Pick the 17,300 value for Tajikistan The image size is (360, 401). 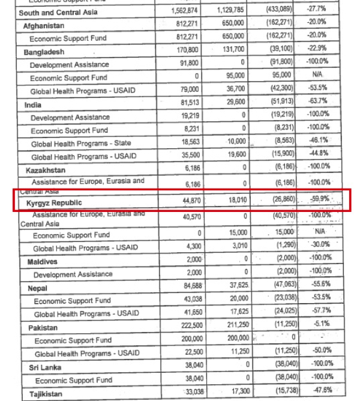coord(235,392)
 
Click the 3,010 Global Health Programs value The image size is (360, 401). coord(235,245)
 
